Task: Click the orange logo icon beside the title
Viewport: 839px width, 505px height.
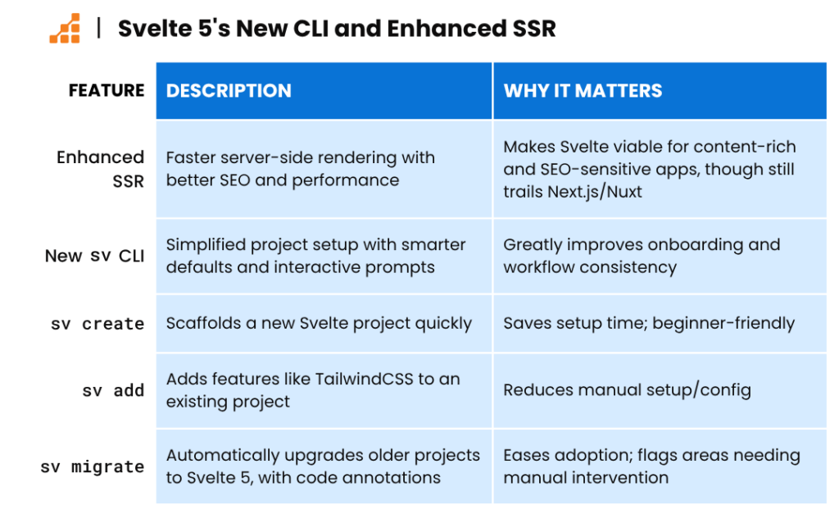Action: [65, 29]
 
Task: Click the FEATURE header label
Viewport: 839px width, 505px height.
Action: [107, 90]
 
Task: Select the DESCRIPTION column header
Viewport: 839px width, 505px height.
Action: [229, 90]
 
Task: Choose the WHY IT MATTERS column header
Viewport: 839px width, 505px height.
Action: [583, 90]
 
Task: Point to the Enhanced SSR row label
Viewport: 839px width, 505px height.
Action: [101, 169]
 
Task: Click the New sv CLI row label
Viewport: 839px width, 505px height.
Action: [95, 256]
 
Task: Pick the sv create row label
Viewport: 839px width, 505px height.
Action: [98, 324]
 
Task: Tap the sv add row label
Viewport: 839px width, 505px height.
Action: [113, 390]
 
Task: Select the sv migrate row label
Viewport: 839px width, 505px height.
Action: [92, 466]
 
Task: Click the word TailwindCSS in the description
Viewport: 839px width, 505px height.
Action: [365, 379]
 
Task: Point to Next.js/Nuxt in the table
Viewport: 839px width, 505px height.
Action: [595, 192]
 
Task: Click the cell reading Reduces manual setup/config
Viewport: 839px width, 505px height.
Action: [627, 390]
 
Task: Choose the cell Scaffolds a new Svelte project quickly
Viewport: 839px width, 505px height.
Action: [319, 324]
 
